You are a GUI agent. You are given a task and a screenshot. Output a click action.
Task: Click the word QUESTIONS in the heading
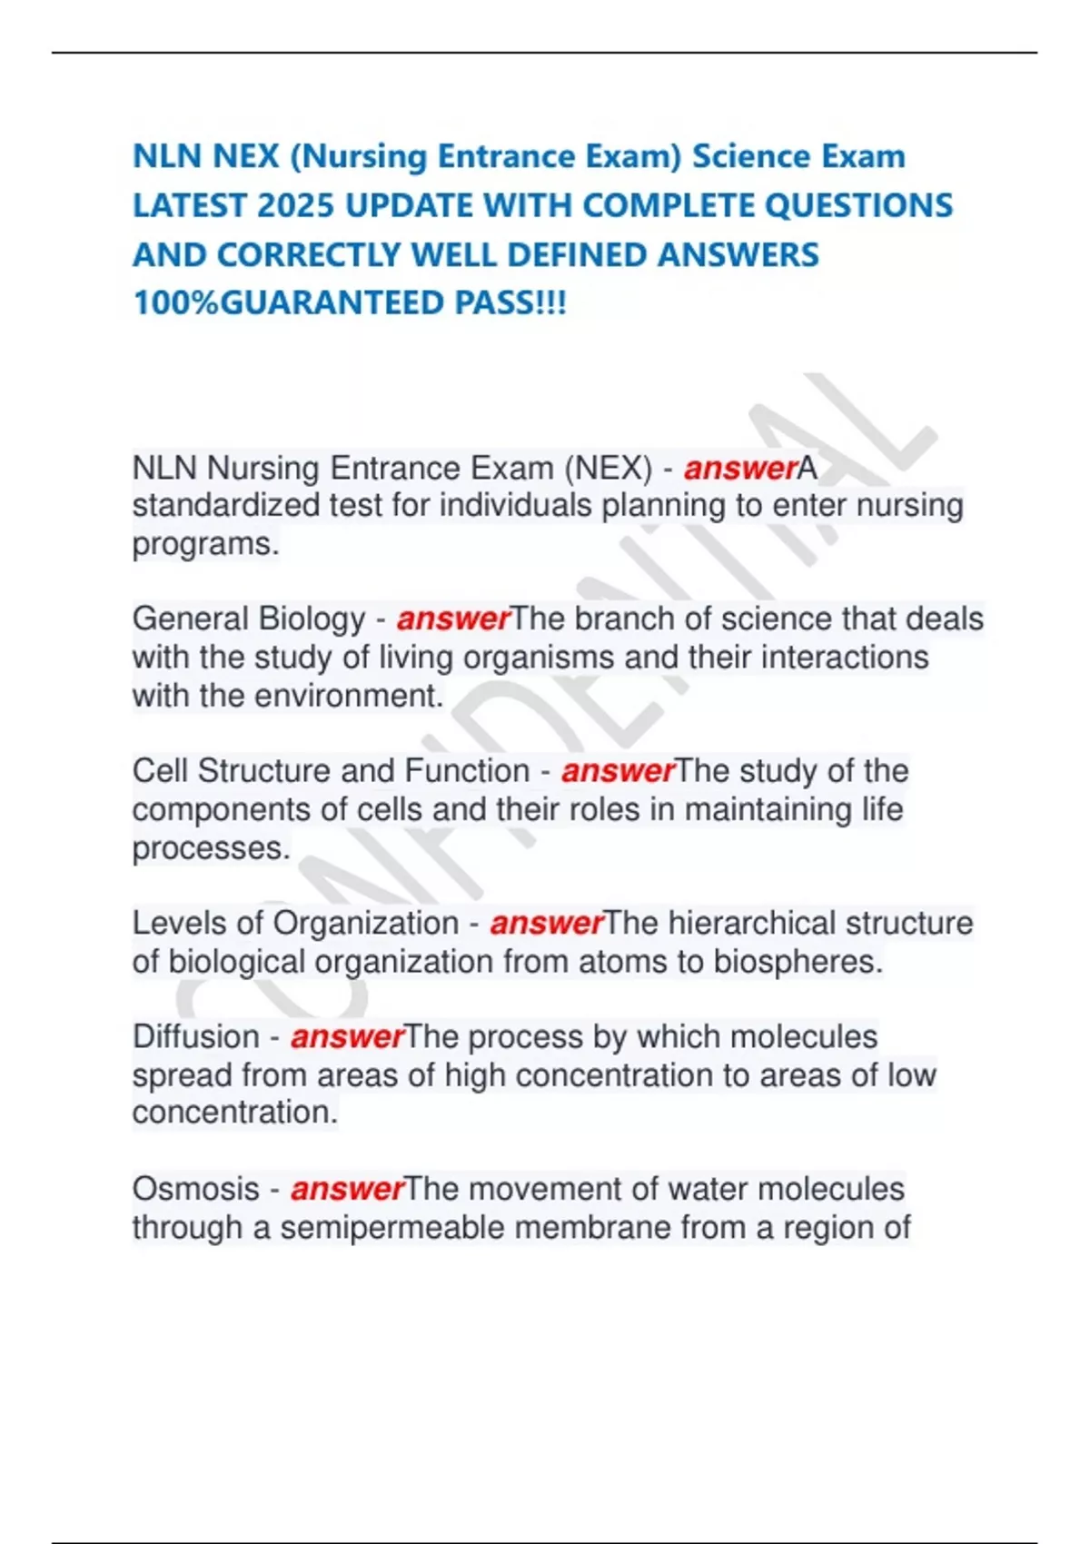(858, 206)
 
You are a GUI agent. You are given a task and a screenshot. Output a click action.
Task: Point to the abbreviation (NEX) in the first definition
(608, 469)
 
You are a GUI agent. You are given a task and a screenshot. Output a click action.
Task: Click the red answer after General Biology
(453, 619)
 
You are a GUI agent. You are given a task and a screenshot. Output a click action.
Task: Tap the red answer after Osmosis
(347, 1189)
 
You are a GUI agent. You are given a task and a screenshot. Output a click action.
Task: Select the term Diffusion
(195, 1037)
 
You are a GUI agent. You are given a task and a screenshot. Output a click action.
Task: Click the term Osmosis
(195, 1189)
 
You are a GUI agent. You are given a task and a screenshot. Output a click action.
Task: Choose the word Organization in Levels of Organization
(365, 924)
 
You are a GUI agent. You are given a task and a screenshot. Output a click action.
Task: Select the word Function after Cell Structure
(466, 771)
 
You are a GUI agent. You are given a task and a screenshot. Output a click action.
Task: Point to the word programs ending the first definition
(205, 545)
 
